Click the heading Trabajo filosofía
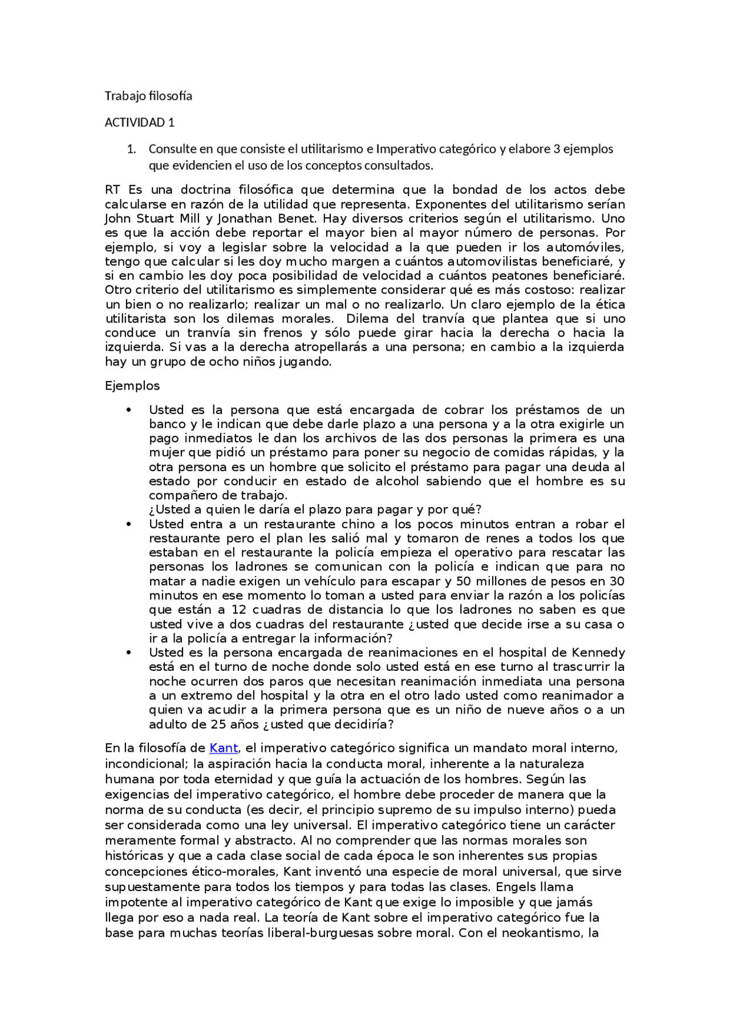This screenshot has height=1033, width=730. [x=148, y=96]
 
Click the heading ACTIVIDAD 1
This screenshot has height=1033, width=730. [x=139, y=123]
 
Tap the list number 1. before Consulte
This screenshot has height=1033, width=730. [x=131, y=149]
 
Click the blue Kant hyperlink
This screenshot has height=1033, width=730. [x=224, y=748]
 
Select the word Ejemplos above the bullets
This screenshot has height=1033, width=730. [x=132, y=386]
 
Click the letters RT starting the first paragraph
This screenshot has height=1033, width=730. [x=113, y=190]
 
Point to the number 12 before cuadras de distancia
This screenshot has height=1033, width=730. [x=238, y=610]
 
